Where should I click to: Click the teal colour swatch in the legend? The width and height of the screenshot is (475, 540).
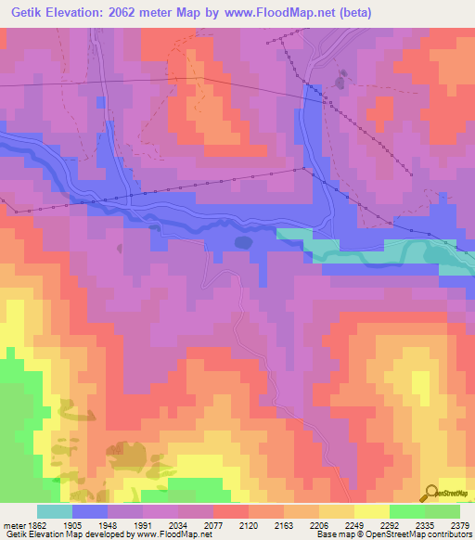[55, 511]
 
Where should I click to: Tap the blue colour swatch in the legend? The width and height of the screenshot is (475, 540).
[90, 511]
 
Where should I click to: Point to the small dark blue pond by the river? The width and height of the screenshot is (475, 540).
[243, 242]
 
